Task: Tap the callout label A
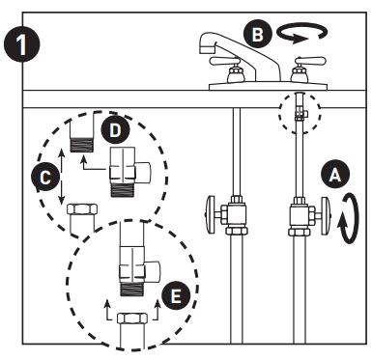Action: pos(334,174)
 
